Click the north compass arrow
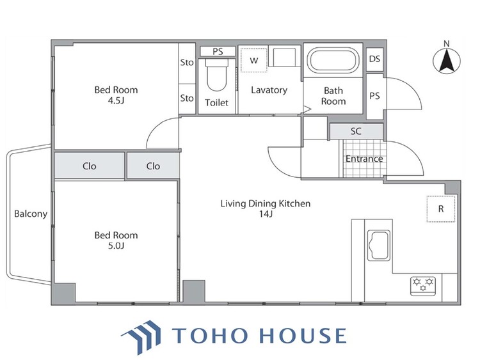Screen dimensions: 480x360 [x=447, y=62]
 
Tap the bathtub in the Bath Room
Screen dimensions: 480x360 [x=333, y=60]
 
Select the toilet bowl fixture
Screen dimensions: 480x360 [x=217, y=74]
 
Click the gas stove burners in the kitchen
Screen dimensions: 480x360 [x=423, y=286]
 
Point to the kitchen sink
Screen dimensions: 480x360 [x=379, y=246]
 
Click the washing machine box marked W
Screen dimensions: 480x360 [x=254, y=60]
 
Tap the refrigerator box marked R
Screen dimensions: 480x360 [x=441, y=209]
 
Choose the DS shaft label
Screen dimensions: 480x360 [x=374, y=59]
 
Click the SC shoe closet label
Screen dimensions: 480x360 [x=356, y=131]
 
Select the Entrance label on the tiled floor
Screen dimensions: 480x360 [x=364, y=159]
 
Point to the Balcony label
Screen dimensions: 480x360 [x=31, y=214]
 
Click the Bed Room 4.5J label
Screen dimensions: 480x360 [x=116, y=95]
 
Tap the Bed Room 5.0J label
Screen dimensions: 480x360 [x=116, y=240]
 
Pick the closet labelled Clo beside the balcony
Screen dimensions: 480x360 [x=90, y=166]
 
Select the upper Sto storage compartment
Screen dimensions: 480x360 [x=187, y=63]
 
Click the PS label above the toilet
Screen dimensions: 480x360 [x=218, y=52]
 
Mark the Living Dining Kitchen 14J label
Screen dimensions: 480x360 [x=266, y=208]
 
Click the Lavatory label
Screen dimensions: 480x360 [x=269, y=90]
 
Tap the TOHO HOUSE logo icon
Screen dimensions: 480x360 [x=141, y=336]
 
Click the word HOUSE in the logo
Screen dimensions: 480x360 [x=303, y=336]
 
